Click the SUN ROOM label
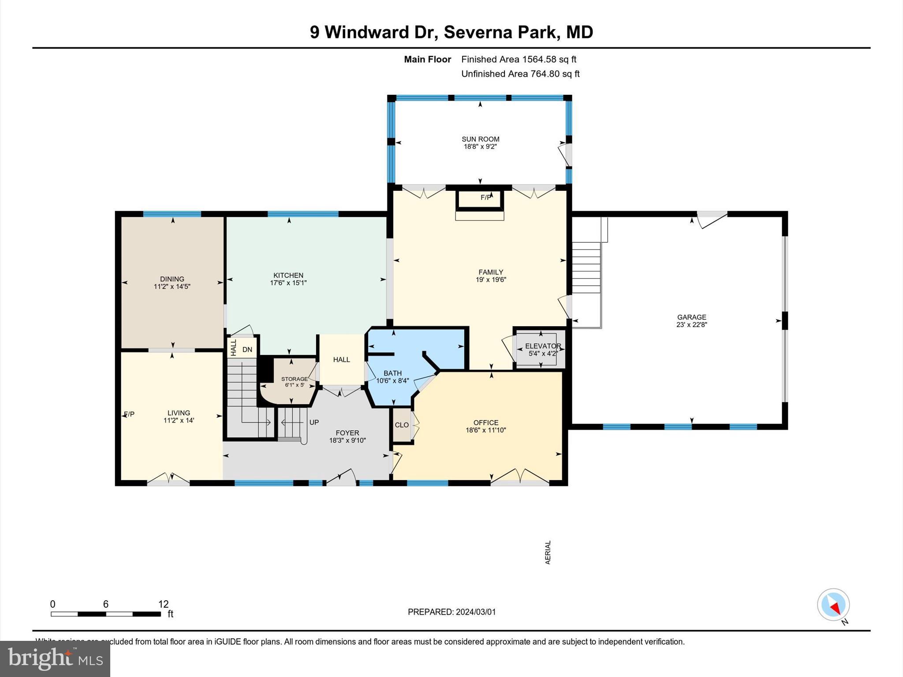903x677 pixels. (x=480, y=139)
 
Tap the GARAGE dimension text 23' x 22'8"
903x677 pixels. (x=691, y=325)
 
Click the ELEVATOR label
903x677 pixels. (x=543, y=346)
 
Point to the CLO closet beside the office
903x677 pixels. (x=402, y=425)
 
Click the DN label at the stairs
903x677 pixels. (x=247, y=350)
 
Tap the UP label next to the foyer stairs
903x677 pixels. (x=314, y=422)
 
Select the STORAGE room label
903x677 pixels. (x=294, y=379)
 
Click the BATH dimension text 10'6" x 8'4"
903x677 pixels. (x=392, y=381)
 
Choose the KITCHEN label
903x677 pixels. (x=288, y=275)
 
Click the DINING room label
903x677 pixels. (x=172, y=279)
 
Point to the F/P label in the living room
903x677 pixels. (x=129, y=414)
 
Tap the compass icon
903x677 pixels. (x=833, y=605)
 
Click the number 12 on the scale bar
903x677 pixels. (x=163, y=604)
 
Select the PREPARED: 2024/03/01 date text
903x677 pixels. (x=451, y=612)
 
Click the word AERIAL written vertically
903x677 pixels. (x=548, y=552)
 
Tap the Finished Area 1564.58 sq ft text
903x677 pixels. (x=519, y=59)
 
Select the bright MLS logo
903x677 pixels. (x=55, y=658)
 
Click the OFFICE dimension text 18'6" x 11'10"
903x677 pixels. (x=485, y=430)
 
